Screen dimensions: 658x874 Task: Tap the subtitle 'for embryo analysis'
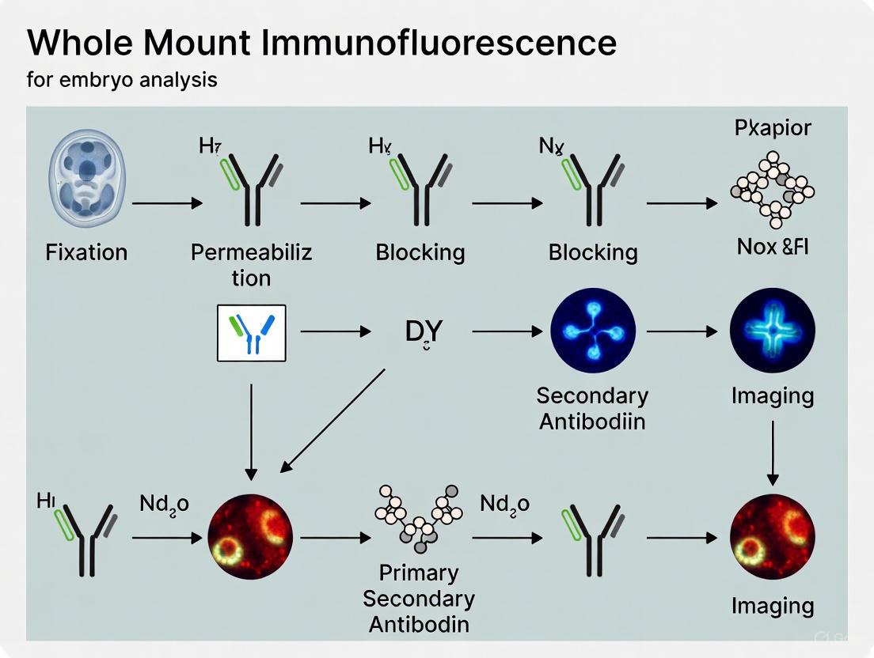click(122, 80)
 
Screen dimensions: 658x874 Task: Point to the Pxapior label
click(773, 128)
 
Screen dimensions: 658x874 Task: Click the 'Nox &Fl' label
click(772, 247)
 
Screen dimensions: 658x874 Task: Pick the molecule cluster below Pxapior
click(772, 188)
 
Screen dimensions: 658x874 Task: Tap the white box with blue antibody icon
click(251, 333)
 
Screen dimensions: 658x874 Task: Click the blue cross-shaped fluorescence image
click(772, 331)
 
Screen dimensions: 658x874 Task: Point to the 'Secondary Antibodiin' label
click(592, 408)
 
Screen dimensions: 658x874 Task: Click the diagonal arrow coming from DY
click(332, 419)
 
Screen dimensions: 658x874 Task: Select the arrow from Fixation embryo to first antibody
click(168, 203)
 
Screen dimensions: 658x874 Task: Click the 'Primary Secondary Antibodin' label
click(419, 598)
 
